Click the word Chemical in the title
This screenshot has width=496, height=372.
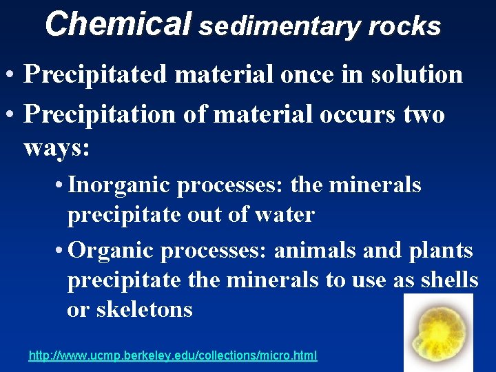pyautogui.click(x=118, y=24)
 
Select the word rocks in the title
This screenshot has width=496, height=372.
pyautogui.click(x=404, y=26)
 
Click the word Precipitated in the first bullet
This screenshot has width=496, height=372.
pyautogui.click(x=95, y=74)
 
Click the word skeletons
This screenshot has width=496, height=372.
pyautogui.click(x=144, y=309)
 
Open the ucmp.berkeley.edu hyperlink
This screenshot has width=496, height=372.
pyautogui.click(x=173, y=356)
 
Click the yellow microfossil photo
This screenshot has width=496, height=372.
pyautogui.click(x=438, y=332)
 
